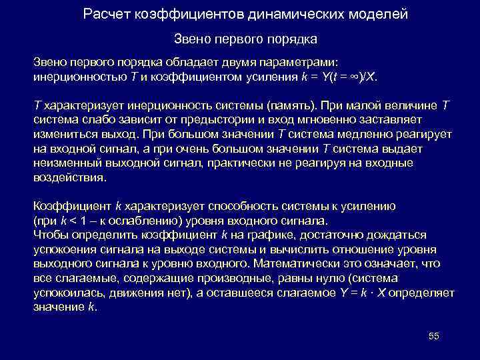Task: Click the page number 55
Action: point(433,336)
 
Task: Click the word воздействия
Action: point(69,179)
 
